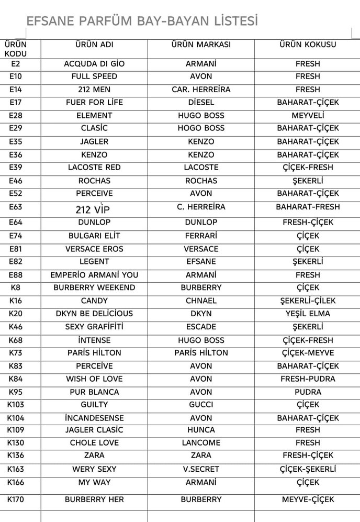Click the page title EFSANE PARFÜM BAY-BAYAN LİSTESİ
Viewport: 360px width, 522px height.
142,21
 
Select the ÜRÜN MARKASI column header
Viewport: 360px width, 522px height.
201,45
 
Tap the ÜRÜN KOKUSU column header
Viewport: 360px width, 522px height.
308,45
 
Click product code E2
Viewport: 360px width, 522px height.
16,64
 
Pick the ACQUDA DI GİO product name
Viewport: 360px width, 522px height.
94,64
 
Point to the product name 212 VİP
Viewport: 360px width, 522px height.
93,210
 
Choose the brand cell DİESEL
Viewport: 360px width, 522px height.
201,102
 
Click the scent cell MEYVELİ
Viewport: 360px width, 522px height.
308,115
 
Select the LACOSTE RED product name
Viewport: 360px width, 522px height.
94,168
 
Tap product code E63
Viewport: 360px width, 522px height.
16,207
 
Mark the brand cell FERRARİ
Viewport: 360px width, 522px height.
201,236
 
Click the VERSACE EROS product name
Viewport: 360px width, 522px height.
94,249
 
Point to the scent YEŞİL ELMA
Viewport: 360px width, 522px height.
308,314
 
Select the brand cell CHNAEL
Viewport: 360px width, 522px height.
201,301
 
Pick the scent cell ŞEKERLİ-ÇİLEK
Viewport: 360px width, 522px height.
308,301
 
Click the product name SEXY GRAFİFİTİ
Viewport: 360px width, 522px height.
94,327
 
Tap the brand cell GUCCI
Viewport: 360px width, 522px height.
201,405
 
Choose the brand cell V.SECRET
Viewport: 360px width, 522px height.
201,469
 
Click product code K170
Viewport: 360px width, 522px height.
16,499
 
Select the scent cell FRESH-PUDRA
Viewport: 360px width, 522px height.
308,379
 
